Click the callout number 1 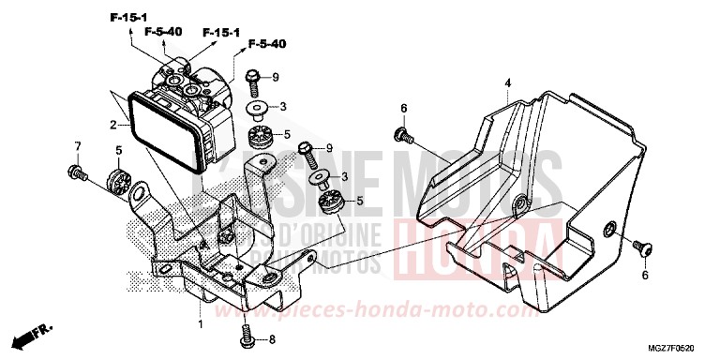click(x=199, y=323)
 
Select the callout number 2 click(x=112, y=124)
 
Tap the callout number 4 click(x=507, y=84)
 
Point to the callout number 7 click(x=79, y=147)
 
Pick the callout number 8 click(x=272, y=339)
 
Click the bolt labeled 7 click(x=75, y=172)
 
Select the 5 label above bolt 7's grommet click(x=119, y=151)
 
